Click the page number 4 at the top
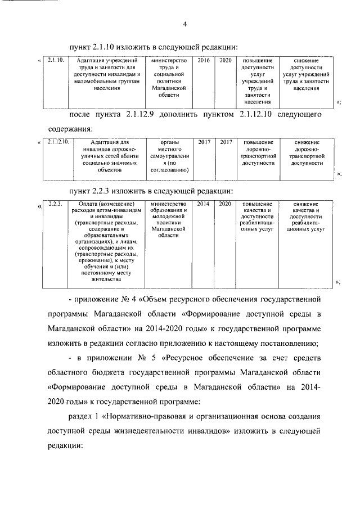click(x=184, y=23)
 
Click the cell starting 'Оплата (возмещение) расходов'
click(x=106, y=241)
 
